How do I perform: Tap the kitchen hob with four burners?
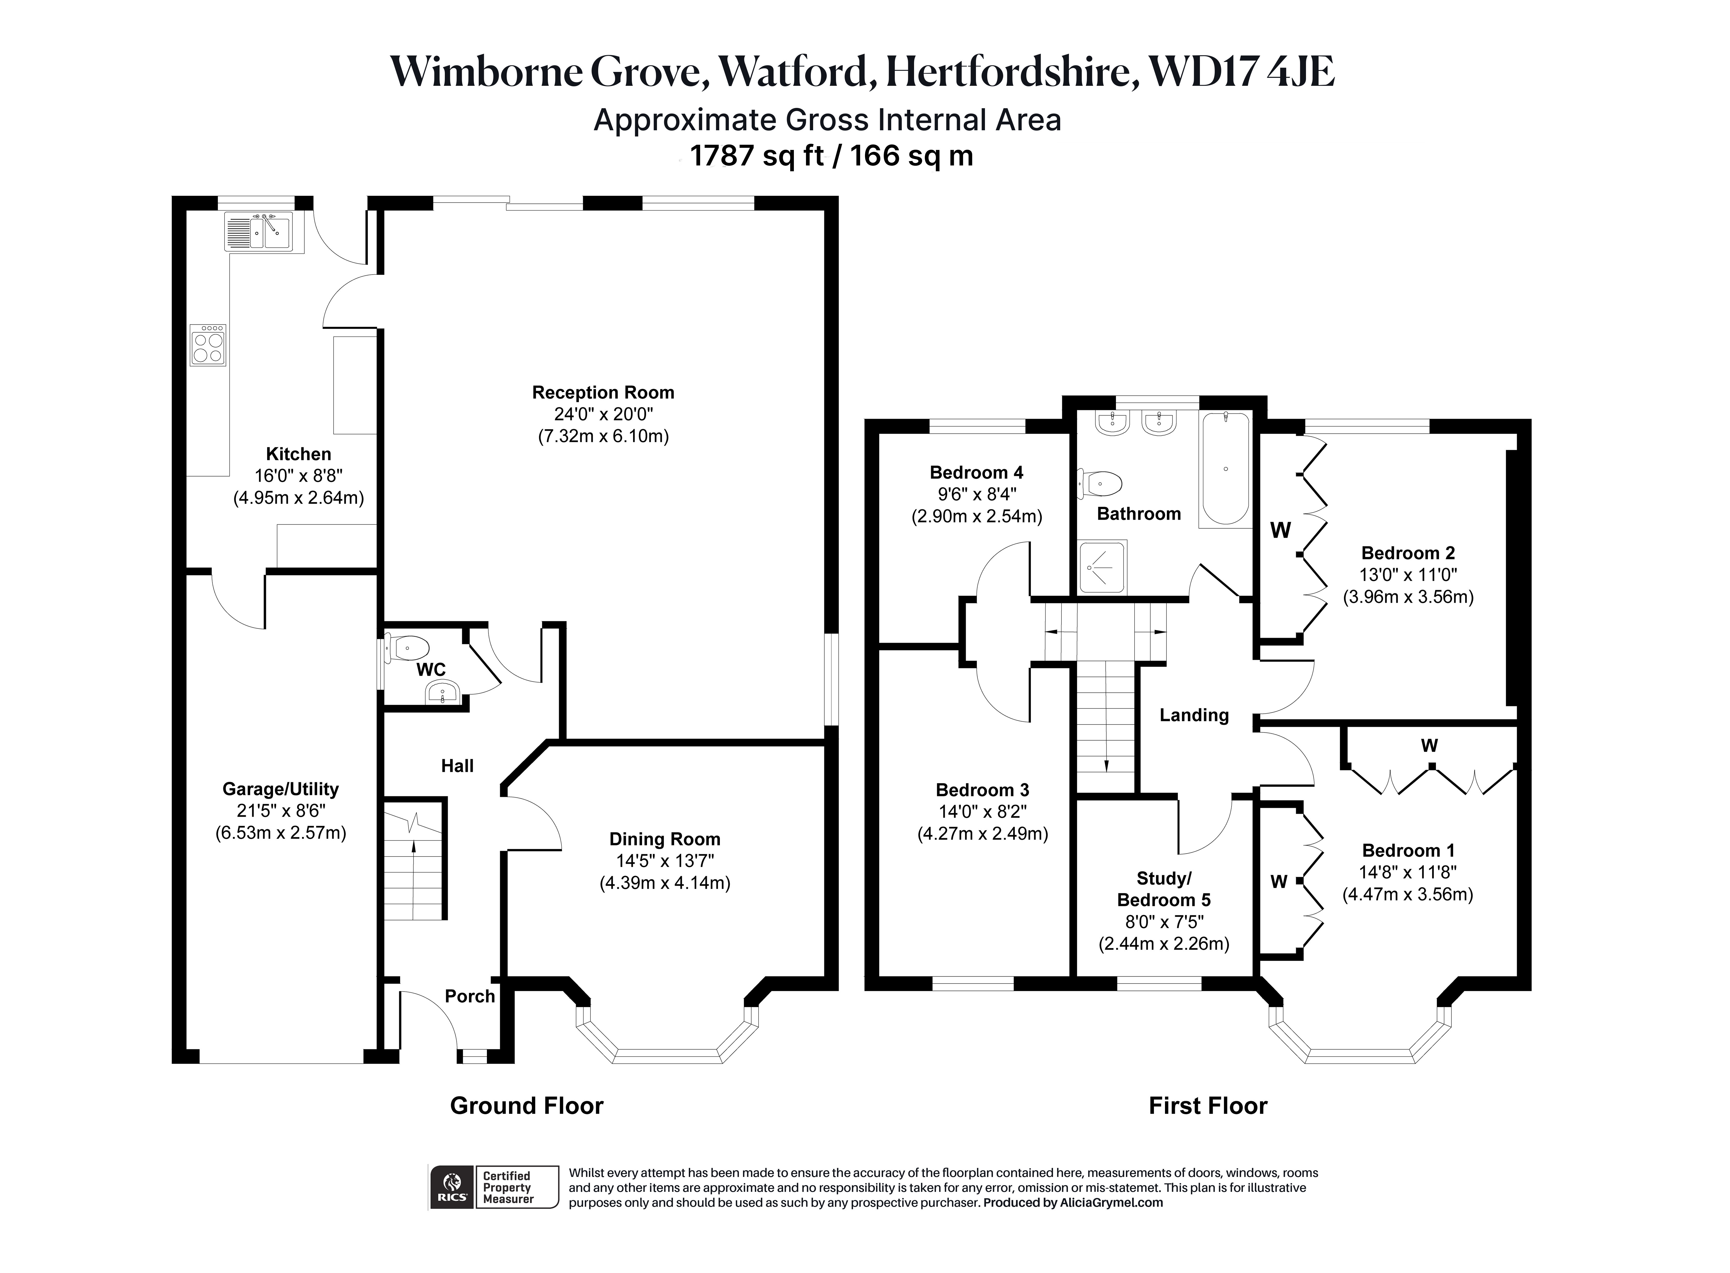[208, 345]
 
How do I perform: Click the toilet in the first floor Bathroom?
[1100, 484]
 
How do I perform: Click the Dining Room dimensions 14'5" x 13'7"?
[665, 861]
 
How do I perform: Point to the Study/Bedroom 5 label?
[1163, 889]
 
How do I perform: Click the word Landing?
[1194, 715]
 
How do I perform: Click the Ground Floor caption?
[527, 1106]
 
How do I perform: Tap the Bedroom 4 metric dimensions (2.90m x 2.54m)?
[977, 516]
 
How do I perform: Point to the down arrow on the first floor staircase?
[1106, 765]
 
